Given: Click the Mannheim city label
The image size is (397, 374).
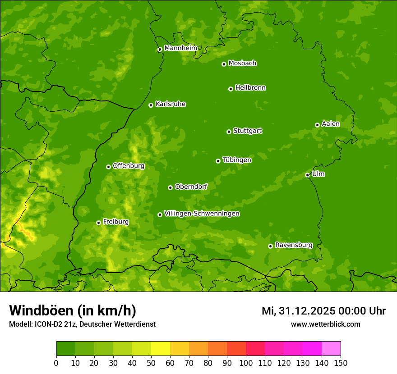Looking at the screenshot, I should tap(180, 48).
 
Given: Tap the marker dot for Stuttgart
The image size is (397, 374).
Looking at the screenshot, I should tap(229, 132).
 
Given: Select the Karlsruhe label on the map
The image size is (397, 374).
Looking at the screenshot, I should tap(171, 104).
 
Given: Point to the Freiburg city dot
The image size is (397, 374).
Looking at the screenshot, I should tap(98, 223).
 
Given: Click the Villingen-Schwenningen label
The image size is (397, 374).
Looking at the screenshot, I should tap(202, 214).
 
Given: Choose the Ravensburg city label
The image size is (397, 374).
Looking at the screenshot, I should tap(293, 245).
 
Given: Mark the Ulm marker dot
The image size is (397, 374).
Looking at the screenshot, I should tap(307, 175).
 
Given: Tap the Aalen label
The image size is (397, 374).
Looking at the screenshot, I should tap(331, 124).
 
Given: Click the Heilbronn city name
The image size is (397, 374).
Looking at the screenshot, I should tap(250, 88).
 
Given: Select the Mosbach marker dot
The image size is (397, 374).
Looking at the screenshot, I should tap(224, 64).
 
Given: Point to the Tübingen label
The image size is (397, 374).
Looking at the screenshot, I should tap(237, 160).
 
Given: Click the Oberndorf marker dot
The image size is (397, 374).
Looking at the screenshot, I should tap(170, 187).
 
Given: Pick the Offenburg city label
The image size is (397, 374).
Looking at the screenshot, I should tap(129, 166).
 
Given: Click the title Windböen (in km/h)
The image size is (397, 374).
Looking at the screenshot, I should tap(73, 310).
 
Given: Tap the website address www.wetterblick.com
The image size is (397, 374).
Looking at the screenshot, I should tap(325, 324).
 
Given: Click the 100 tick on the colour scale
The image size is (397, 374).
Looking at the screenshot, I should tap(246, 363).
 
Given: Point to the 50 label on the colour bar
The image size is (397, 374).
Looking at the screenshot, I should tap(151, 363).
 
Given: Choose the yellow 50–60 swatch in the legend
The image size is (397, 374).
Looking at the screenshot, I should tap(161, 349).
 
